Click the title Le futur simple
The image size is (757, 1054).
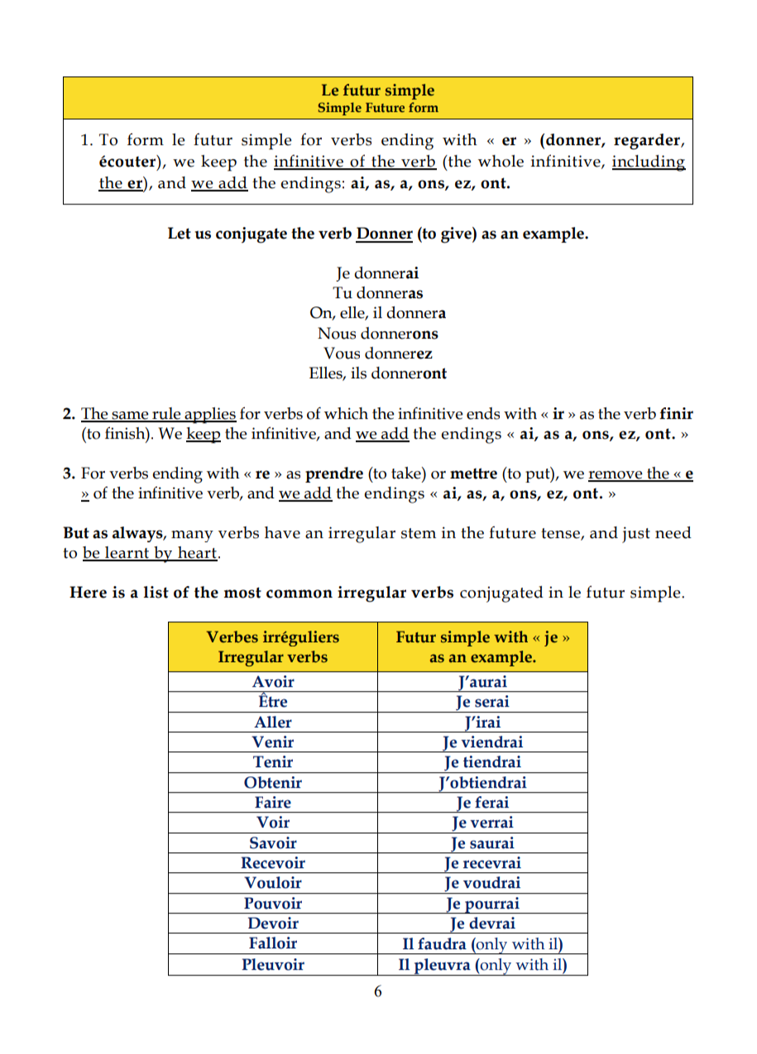click(377, 91)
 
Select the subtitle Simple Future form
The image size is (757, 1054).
click(377, 108)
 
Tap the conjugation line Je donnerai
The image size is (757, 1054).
click(377, 273)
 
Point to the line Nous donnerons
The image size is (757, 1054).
click(377, 333)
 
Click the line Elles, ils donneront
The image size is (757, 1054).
click(377, 373)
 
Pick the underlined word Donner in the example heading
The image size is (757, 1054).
click(384, 233)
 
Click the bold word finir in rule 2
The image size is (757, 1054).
click(676, 413)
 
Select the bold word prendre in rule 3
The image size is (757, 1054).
click(334, 474)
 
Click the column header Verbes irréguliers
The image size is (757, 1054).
click(272, 637)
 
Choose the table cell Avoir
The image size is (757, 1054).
click(273, 682)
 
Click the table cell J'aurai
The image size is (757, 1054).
click(483, 682)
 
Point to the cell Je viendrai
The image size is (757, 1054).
click(483, 742)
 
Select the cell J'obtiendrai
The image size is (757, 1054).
click(483, 783)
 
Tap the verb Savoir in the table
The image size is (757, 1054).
click(273, 843)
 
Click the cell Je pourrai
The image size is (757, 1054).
click(483, 903)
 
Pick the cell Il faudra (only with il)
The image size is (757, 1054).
click(483, 944)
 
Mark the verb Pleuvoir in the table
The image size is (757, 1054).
click(273, 965)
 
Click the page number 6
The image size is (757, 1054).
click(378, 993)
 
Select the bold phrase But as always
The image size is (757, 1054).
click(113, 534)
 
